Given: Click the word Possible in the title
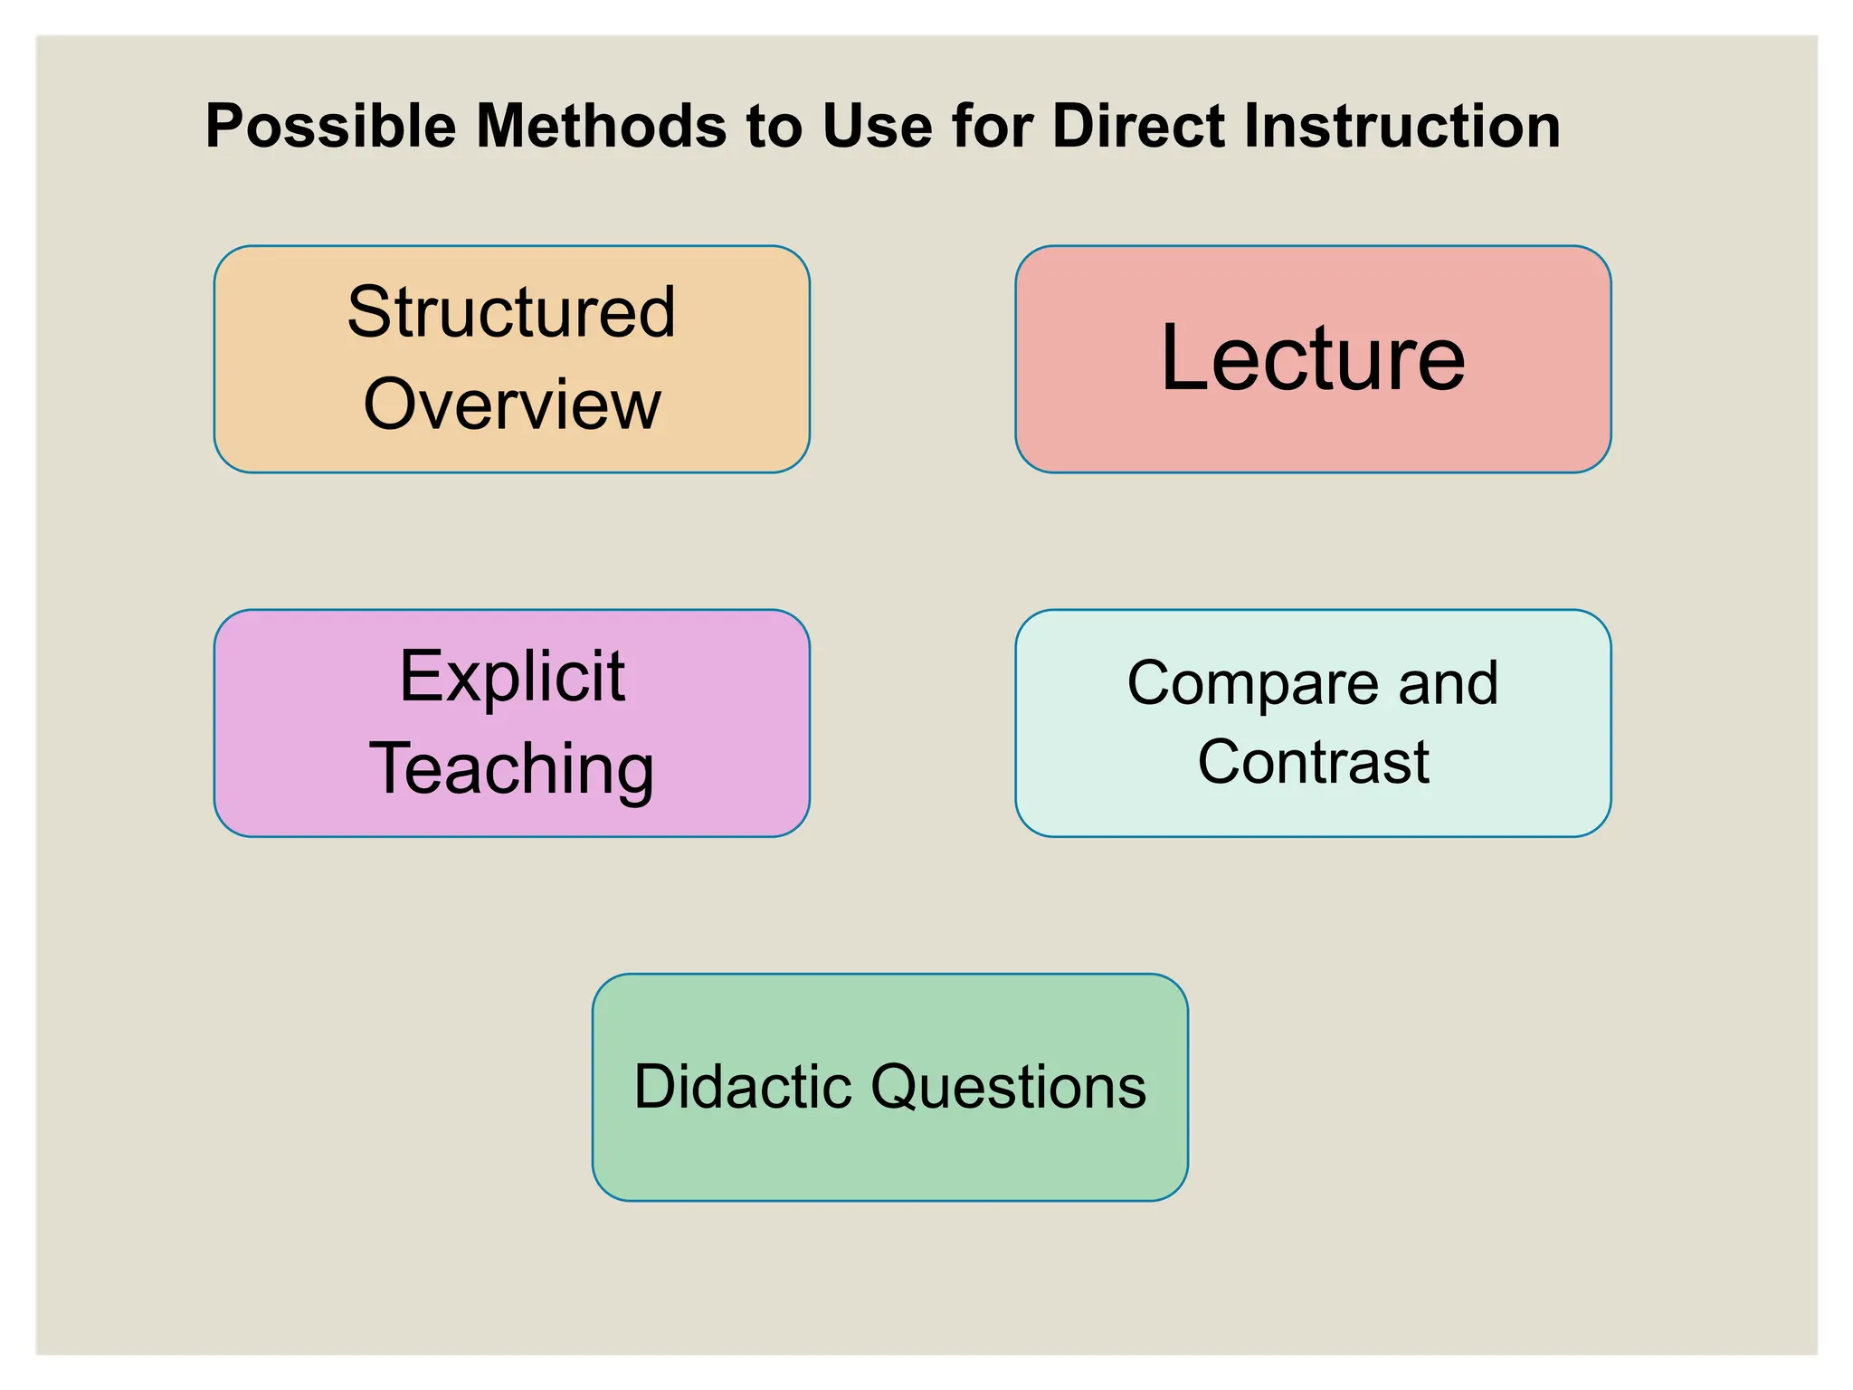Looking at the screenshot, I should click(330, 126).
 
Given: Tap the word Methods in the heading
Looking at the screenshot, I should click(601, 126).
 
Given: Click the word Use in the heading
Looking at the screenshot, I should click(877, 126).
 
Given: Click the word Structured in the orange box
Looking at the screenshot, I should click(511, 312).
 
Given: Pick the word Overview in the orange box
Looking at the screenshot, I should click(512, 405).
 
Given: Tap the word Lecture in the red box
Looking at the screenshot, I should click(1313, 359).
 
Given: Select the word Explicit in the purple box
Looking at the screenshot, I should click(512, 676).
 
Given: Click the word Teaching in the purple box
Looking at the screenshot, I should click(512, 768).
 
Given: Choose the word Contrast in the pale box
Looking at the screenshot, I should click(1313, 762).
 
